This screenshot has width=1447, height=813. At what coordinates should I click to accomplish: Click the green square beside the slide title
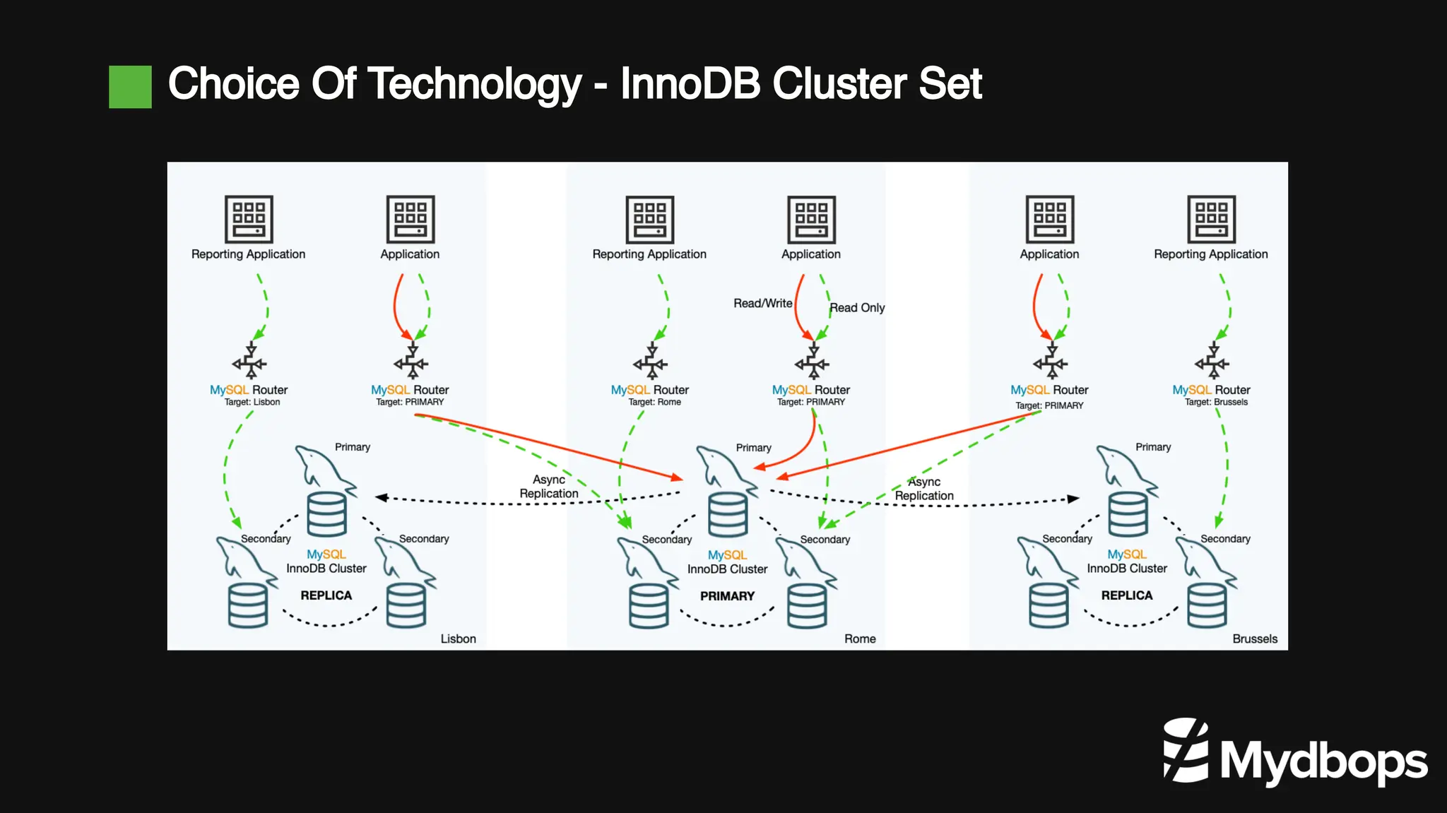[x=130, y=87]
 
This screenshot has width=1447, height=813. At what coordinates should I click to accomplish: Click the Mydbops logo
[x=1295, y=753]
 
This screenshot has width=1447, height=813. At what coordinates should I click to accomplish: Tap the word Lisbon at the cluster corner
[x=458, y=639]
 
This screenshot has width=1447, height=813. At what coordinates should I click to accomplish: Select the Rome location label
[x=859, y=639]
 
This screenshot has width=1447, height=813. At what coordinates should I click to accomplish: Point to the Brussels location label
[x=1254, y=639]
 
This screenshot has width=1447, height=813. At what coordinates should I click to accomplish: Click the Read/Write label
[x=762, y=303]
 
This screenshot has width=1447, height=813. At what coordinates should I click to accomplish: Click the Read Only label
[x=857, y=308]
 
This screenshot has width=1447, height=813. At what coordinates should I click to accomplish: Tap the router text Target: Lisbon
[x=252, y=403]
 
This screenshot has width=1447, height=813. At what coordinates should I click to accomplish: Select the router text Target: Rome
[x=654, y=403]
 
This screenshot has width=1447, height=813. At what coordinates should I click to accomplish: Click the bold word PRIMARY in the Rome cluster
[x=727, y=596]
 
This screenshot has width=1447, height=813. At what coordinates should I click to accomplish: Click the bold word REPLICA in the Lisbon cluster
[x=326, y=595]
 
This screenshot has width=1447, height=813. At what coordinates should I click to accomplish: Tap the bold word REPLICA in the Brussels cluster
[x=1126, y=595]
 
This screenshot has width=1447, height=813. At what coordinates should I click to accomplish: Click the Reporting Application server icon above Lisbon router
[x=249, y=219]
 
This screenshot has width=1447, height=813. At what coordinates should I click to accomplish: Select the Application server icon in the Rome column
[x=811, y=220]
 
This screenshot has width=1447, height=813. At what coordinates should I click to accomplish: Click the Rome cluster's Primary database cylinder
[x=728, y=514]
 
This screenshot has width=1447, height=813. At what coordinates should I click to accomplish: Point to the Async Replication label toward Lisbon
[x=549, y=487]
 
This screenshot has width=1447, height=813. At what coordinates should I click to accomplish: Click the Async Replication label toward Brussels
[x=924, y=489]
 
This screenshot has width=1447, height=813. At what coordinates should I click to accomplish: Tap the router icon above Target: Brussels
[x=1211, y=362]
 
